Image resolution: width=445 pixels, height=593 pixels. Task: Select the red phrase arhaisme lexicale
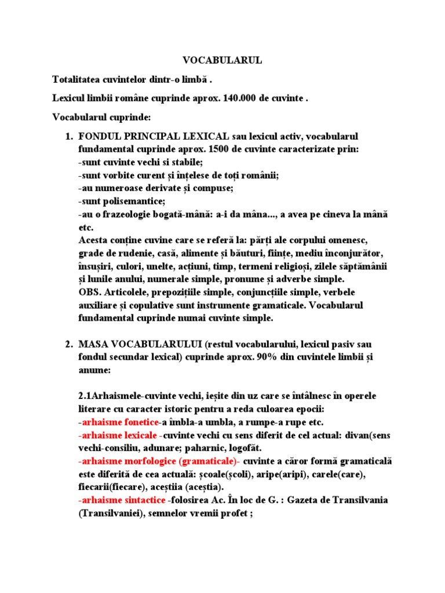[x=120, y=434]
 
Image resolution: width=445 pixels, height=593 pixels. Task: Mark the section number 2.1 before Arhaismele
[x=86, y=396]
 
